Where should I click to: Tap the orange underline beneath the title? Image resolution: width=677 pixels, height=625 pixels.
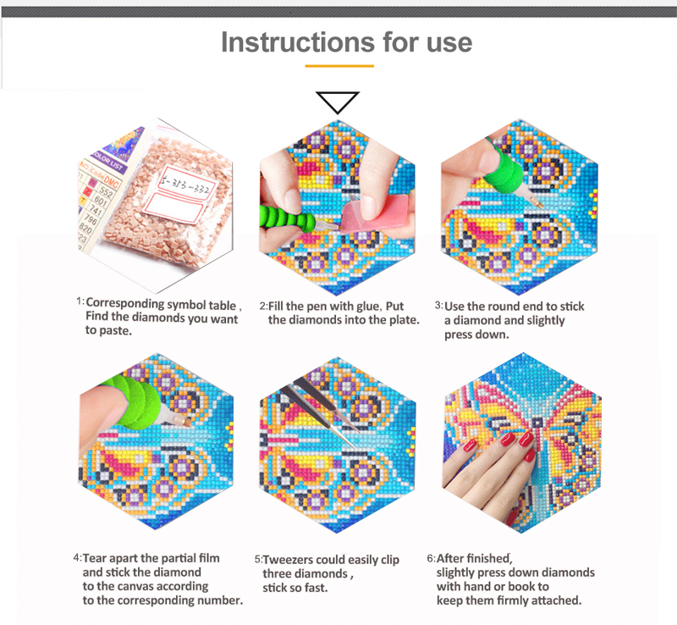coord(338,64)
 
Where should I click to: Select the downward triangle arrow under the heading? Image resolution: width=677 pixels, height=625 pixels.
coord(338,102)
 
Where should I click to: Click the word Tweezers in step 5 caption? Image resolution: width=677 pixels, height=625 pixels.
coord(292,560)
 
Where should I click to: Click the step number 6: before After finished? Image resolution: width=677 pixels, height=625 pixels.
coord(431,558)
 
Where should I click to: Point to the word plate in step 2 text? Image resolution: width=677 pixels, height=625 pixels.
coord(401,319)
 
